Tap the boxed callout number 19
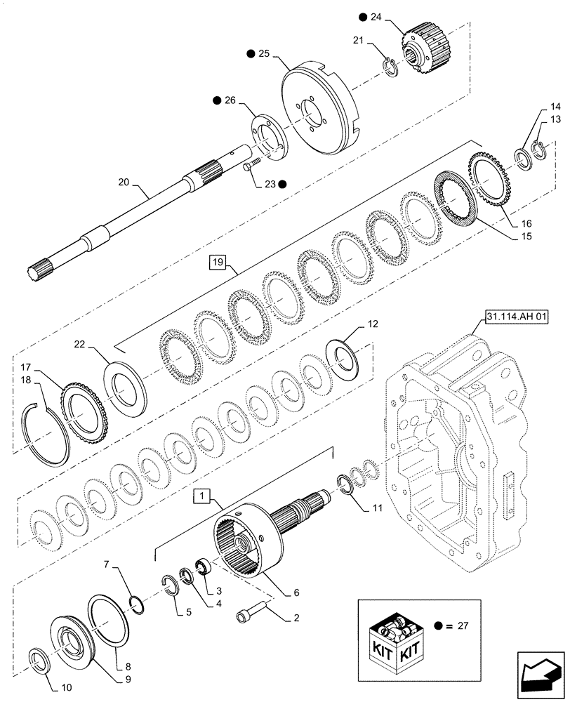[x=216, y=264]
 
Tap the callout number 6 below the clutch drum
[x=297, y=592]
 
